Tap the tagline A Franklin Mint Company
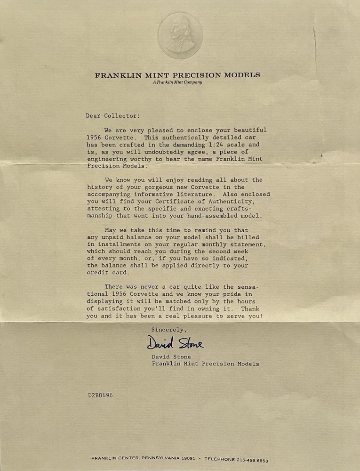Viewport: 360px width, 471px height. pyautogui.click(x=177, y=82)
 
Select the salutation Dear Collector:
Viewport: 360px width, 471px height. pyautogui.click(x=112, y=115)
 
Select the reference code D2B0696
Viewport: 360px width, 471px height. pyautogui.click(x=99, y=395)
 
